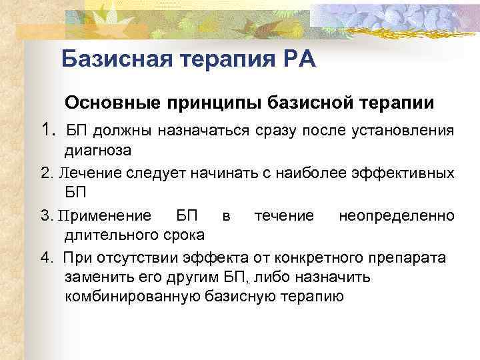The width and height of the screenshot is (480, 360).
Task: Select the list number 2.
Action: tap(46, 174)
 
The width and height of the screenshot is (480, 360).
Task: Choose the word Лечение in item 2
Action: tap(84, 174)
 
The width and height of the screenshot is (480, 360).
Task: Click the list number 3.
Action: tap(46, 215)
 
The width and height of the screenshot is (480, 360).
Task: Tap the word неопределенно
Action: tap(397, 215)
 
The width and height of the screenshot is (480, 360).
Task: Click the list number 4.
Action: tap(46, 257)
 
